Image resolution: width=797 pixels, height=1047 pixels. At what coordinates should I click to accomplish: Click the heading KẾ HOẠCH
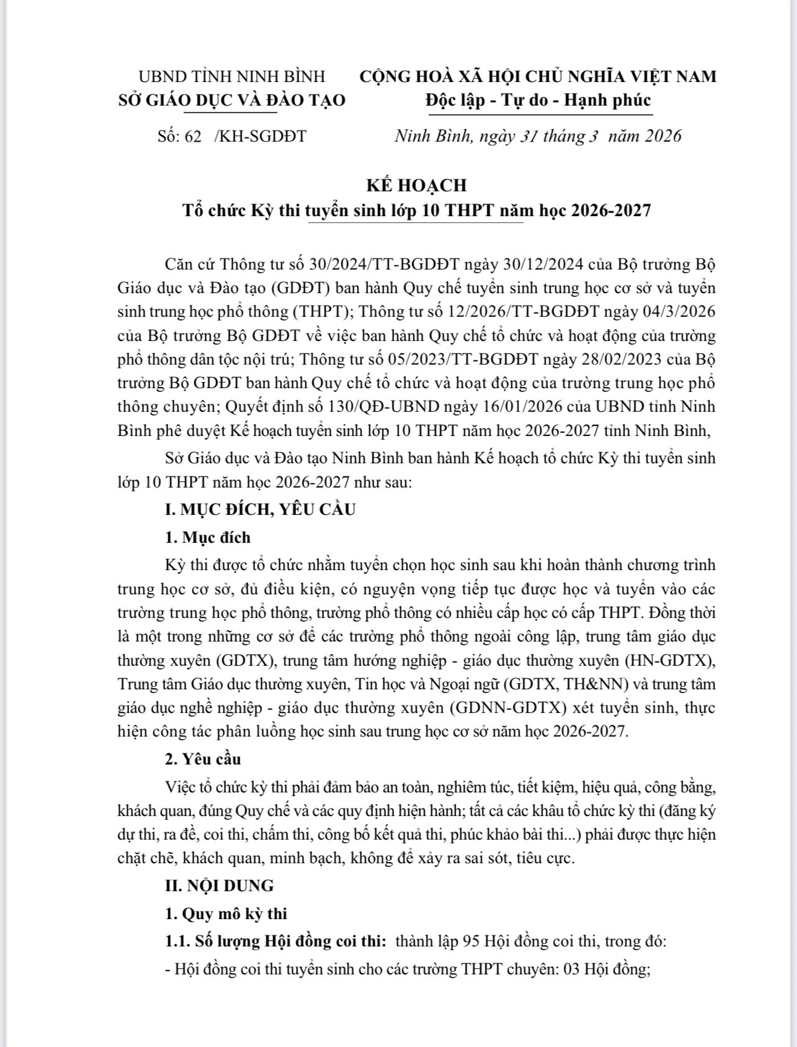pos(416,185)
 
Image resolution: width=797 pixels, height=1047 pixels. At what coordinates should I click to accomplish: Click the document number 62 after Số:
pos(193,137)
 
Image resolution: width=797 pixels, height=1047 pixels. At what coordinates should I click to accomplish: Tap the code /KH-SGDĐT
pos(260,137)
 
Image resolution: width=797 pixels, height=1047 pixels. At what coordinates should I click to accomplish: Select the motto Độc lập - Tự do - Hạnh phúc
pos(538,101)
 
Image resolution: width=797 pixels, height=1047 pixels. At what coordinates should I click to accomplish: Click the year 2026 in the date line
pos(663,136)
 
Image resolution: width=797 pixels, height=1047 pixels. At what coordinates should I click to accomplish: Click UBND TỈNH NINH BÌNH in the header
pos(232,76)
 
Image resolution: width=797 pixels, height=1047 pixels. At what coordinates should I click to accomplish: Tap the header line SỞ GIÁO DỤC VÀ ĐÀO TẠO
pos(232,101)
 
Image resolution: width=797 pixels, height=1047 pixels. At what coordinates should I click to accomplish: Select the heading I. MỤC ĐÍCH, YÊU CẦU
pos(260,510)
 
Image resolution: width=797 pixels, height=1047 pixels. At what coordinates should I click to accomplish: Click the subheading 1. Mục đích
pos(208,537)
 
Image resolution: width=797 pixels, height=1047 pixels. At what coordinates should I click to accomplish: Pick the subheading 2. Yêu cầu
pos(203,759)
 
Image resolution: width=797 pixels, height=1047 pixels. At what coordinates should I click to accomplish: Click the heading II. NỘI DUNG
pos(219,886)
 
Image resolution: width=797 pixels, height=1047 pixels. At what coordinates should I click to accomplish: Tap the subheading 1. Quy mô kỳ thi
pos(226,913)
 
